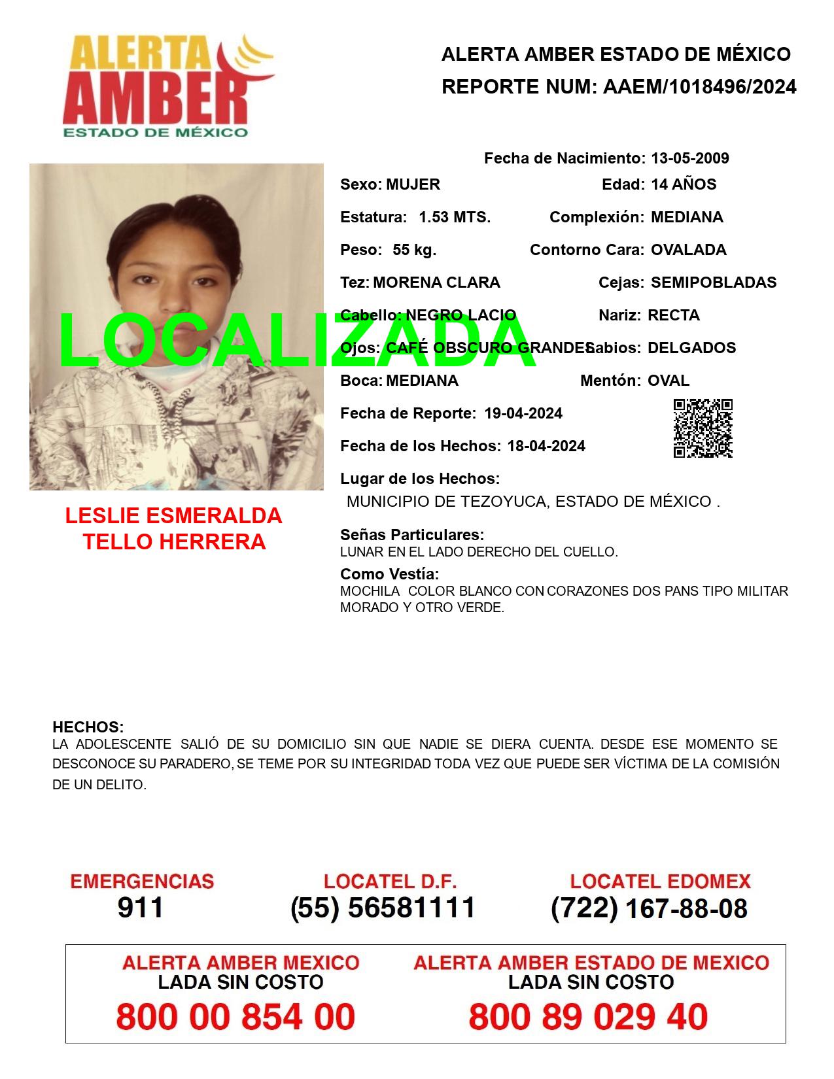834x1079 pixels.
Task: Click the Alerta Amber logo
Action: click(167, 85)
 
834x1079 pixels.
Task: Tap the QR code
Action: click(703, 428)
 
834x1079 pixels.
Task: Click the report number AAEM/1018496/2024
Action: click(699, 87)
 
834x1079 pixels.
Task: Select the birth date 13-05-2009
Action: click(689, 158)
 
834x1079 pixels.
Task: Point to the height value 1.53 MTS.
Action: click(455, 217)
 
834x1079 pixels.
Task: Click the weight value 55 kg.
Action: click(414, 250)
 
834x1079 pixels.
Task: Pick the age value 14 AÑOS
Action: click(684, 184)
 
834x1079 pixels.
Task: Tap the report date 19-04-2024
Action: click(523, 413)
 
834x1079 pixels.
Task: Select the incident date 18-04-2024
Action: click(546, 446)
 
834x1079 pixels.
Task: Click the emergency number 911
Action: click(140, 908)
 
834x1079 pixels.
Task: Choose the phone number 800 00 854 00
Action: click(235, 1017)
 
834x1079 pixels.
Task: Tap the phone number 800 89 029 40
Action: click(588, 1017)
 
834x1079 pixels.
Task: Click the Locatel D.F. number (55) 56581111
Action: click(383, 908)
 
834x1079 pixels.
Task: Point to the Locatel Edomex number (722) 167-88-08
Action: click(649, 908)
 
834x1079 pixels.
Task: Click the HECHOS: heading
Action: click(88, 727)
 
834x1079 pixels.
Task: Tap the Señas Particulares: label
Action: click(412, 535)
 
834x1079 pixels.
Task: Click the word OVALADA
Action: click(688, 250)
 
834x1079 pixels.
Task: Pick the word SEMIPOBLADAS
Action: click(714, 283)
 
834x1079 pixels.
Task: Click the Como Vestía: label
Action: click(389, 574)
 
